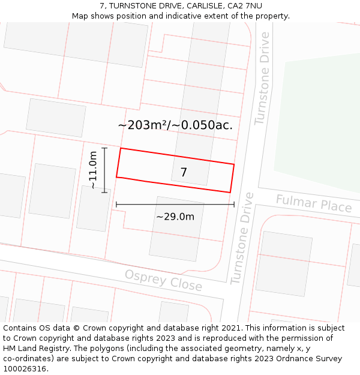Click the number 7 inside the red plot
click(x=184, y=172)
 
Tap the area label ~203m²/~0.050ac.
click(x=175, y=125)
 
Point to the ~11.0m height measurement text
click(x=93, y=170)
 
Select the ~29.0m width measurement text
click(x=175, y=217)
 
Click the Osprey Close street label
click(x=163, y=280)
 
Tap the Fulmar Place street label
click(x=313, y=204)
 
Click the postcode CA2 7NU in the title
click(x=245, y=6)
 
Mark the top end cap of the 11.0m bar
click(x=104, y=148)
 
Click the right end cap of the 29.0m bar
click(x=234, y=205)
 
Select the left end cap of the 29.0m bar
click(x=116, y=205)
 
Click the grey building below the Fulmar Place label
click(x=284, y=263)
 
